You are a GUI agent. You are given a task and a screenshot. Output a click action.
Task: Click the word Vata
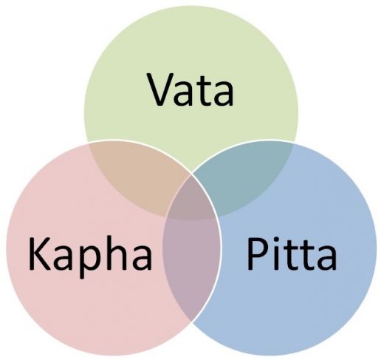tap(191, 89)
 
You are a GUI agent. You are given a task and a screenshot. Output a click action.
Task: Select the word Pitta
tap(292, 254)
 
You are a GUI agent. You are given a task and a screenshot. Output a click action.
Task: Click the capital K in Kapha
tap(40, 254)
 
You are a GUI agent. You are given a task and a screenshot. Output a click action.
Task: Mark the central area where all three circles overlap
tap(191, 200)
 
